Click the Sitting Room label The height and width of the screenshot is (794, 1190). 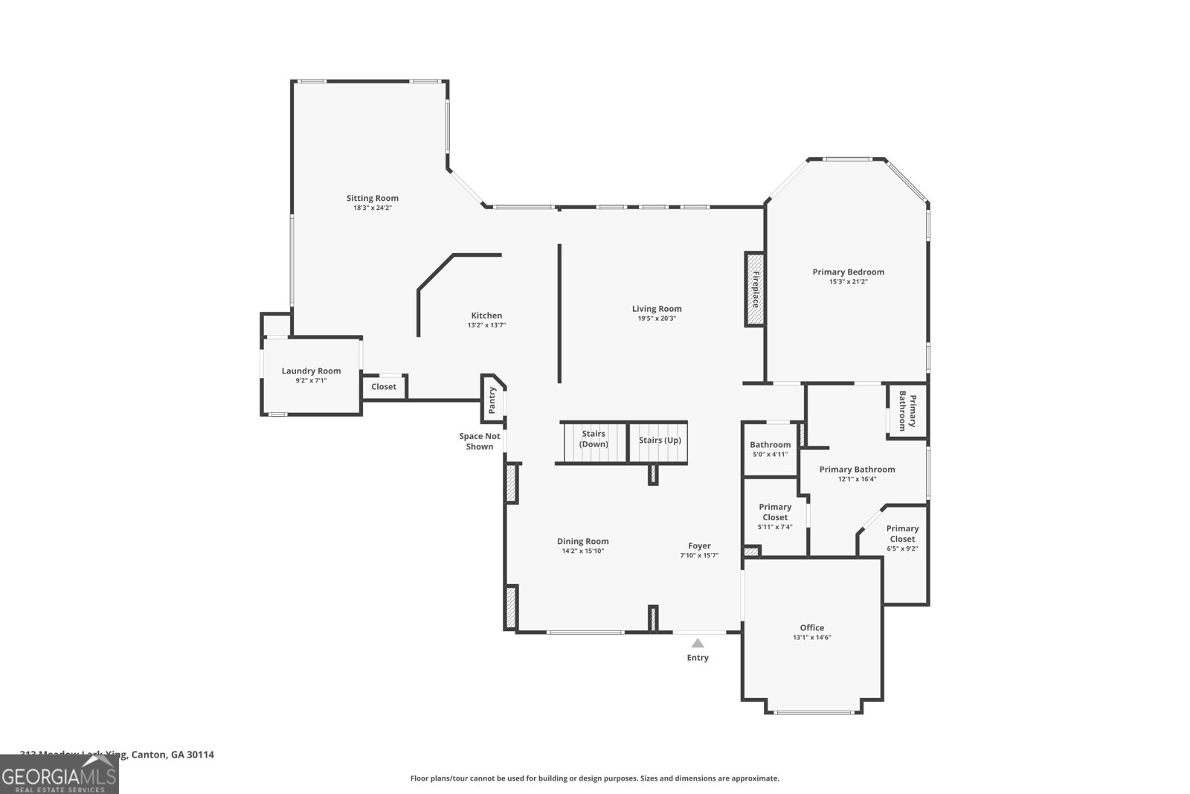point(372,198)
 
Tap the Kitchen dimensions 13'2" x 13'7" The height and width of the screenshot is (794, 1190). point(486,325)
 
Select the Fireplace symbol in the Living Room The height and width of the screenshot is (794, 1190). point(755,289)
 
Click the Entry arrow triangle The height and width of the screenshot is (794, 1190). point(698,643)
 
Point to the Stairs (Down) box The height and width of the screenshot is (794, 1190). point(594,439)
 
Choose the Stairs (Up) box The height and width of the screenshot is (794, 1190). point(660,440)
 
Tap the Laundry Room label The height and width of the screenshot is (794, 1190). point(311,371)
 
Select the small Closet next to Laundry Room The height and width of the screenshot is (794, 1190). point(384,387)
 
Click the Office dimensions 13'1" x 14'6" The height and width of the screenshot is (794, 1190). point(811,638)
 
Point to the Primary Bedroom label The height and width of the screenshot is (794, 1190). point(848,272)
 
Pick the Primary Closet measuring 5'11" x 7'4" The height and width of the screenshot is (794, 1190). point(775,516)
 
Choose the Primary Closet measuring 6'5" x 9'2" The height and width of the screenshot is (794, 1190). point(902,538)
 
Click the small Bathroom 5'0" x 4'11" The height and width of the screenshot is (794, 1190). point(770,449)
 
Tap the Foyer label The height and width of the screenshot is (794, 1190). point(699,545)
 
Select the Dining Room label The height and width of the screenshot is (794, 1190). point(582,541)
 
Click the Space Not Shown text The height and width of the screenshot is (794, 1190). point(480,441)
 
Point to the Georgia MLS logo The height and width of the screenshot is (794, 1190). point(59,775)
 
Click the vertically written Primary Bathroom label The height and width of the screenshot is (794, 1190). point(907,410)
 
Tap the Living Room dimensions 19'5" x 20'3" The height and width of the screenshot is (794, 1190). point(657,318)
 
